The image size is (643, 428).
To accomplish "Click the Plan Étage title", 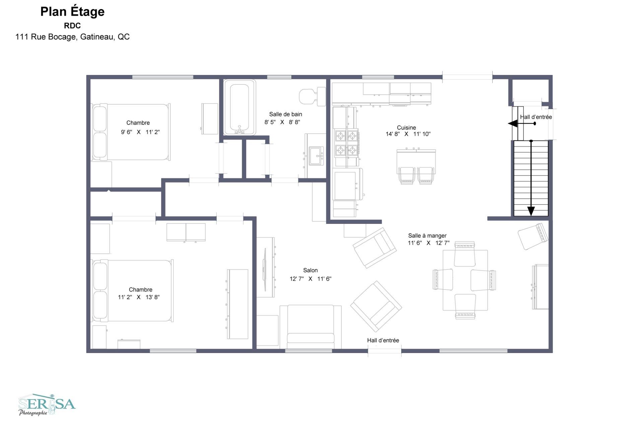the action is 72,12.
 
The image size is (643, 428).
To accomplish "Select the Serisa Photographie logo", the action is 47,405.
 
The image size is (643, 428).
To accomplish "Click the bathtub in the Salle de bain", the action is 239,107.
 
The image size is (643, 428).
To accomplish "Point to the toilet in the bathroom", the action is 312,96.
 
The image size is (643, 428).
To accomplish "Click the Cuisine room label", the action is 406,127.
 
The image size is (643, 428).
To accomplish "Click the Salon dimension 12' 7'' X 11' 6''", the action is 310,279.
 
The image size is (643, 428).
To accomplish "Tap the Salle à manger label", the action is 427,236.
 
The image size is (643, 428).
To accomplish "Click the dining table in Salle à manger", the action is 465,280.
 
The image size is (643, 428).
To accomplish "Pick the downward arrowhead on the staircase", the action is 531,211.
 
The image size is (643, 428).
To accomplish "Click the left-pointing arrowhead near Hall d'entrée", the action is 512,124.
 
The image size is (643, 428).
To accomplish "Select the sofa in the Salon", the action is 310,327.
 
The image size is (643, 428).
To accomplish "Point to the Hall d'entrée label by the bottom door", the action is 383,340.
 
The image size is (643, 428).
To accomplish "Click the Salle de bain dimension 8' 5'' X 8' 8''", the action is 282,122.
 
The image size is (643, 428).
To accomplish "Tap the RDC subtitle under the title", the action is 72,26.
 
